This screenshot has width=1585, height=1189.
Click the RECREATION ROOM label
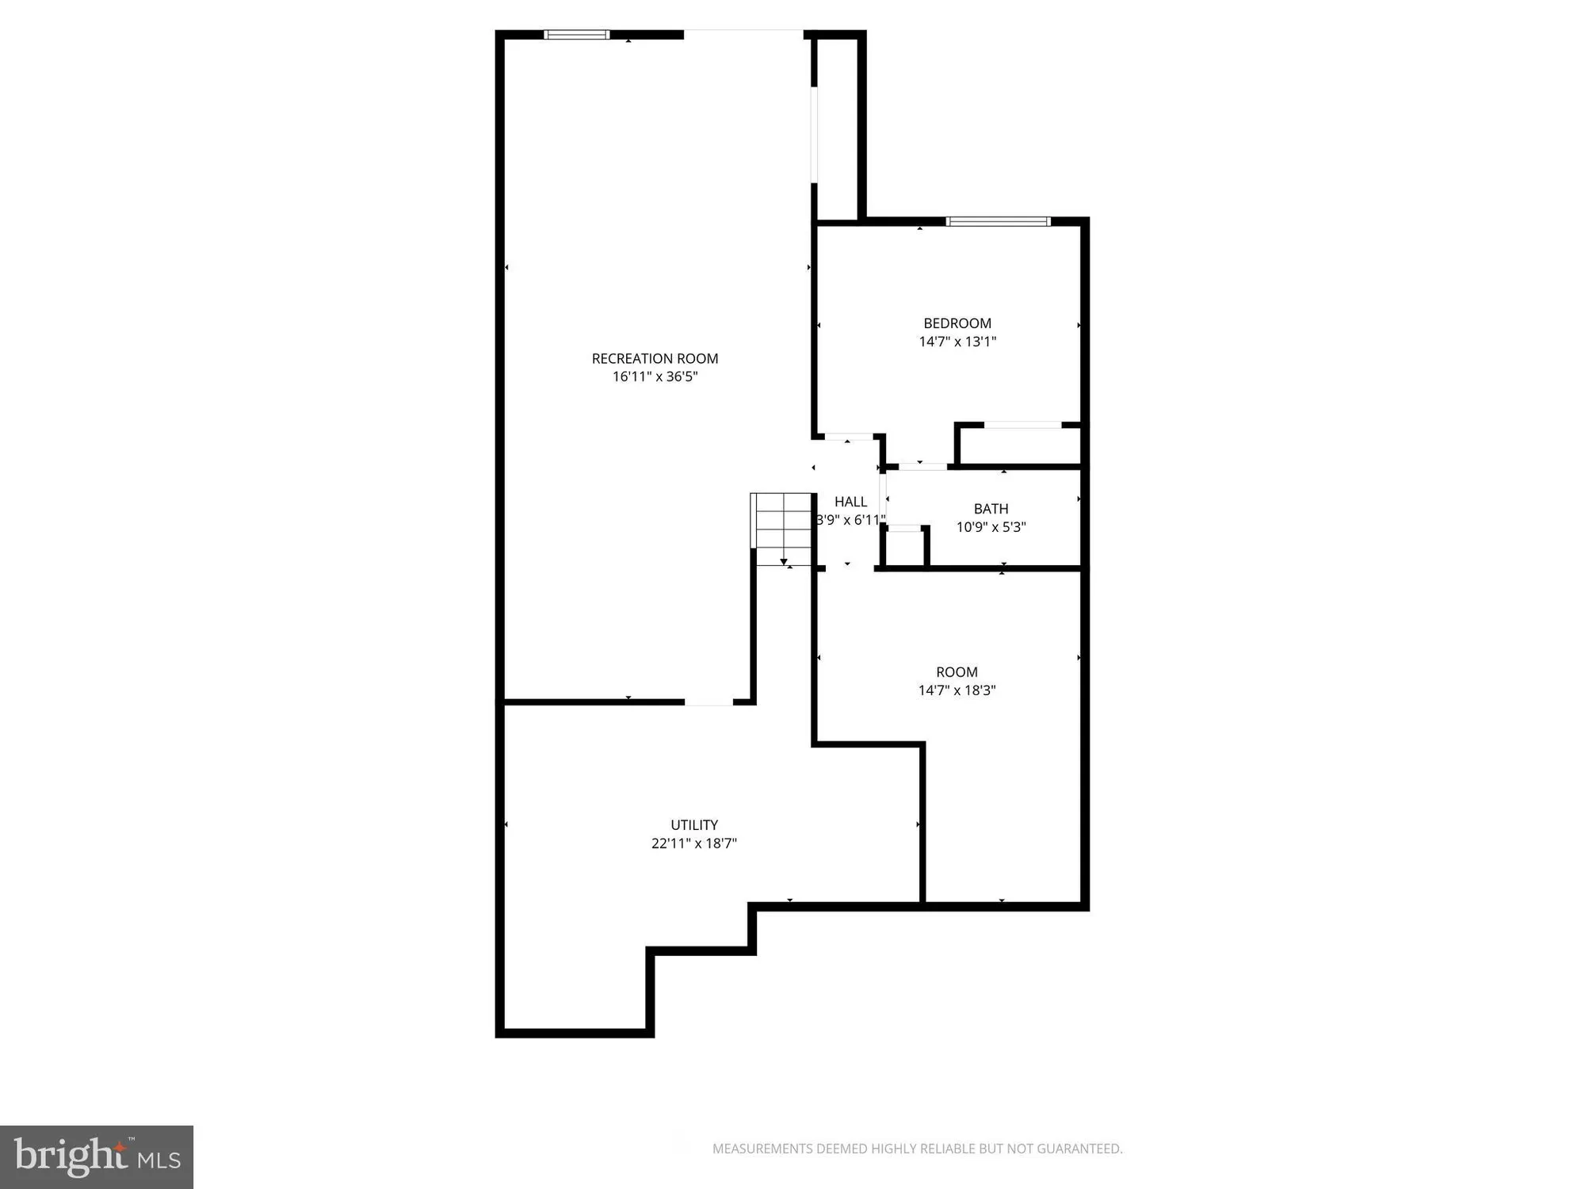coord(655,358)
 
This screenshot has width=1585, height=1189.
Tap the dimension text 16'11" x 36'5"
coord(655,377)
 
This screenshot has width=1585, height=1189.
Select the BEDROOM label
coord(957,323)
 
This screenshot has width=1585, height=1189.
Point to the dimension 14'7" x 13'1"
coord(957,342)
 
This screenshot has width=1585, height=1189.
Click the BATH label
coord(991,509)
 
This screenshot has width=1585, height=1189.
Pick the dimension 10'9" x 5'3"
coord(991,527)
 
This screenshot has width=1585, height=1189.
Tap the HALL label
coord(850,502)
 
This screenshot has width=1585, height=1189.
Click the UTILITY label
coord(694,825)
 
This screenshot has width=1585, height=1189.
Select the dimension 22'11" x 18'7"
coord(694,843)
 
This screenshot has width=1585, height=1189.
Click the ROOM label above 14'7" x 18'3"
coord(957,672)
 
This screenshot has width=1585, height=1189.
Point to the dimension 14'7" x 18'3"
coord(957,690)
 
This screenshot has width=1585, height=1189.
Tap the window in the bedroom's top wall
coord(998,221)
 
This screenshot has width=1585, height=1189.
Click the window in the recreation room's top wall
coord(577,35)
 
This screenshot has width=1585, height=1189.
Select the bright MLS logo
coord(97,1157)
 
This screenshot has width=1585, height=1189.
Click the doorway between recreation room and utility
coord(708,702)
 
